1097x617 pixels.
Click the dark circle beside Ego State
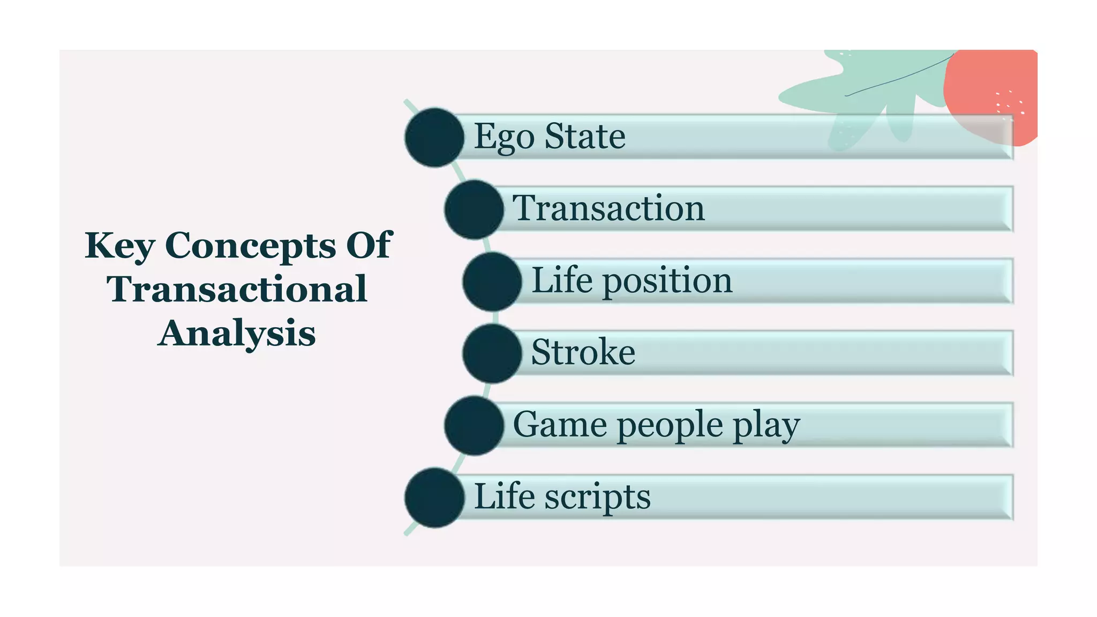point(434,138)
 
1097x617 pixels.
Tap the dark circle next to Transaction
point(474,209)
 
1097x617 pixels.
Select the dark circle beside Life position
point(492,282)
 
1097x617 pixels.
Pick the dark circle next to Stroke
point(492,353)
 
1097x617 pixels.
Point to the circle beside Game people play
point(474,426)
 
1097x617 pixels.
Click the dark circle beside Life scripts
point(434,498)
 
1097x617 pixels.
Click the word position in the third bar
point(667,281)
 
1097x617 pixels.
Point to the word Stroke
point(583,352)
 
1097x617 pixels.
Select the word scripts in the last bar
point(598,497)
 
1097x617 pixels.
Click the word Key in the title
point(120,246)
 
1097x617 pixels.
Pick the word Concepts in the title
point(251,246)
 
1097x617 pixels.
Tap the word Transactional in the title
point(237,289)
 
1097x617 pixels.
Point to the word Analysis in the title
point(237,333)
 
